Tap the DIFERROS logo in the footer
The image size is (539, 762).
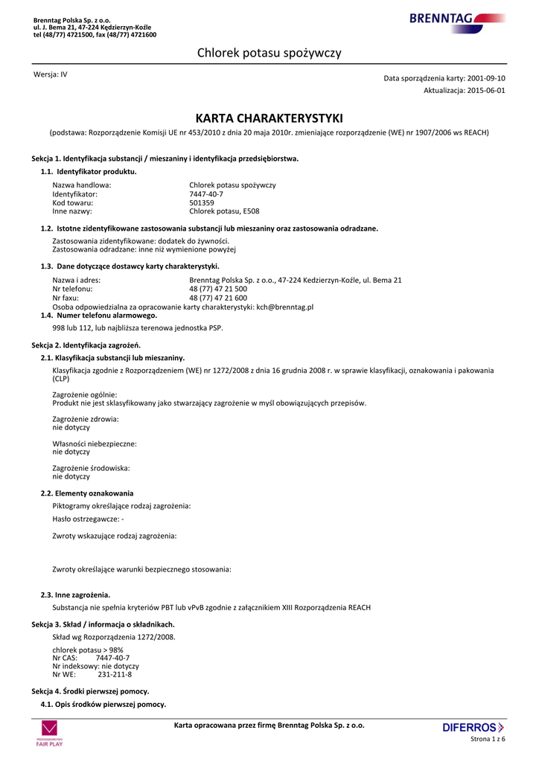tap(473, 727)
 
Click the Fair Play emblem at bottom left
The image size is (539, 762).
tap(49, 733)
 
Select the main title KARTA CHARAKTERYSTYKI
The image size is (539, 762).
tap(269, 118)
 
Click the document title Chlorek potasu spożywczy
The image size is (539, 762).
tap(269, 53)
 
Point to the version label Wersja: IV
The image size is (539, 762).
tap(51, 74)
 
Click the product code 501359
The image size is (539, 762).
tap(202, 202)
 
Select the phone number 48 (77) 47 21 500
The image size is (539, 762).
tap(218, 289)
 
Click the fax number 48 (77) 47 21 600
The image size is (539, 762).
tap(218, 298)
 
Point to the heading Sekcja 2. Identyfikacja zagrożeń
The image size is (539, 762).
tap(86, 345)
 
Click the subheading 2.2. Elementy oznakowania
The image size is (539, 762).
tap(87, 493)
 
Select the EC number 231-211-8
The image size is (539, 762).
tap(115, 675)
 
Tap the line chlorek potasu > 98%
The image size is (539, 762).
tap(88, 650)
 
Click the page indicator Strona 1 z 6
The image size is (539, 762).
tap(488, 739)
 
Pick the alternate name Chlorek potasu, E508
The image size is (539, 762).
tap(224, 211)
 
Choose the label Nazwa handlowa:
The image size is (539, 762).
tap(82, 185)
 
